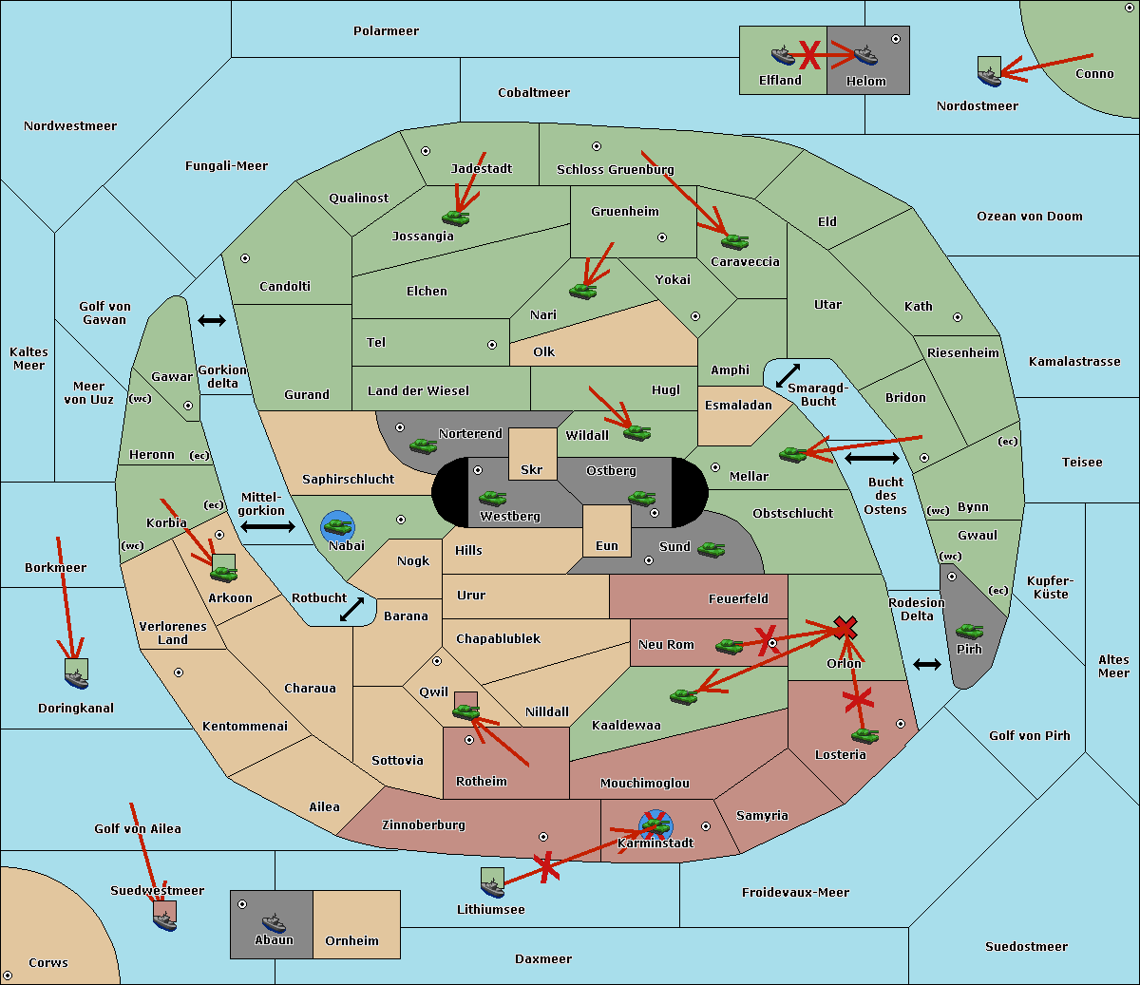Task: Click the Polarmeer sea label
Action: coord(386,31)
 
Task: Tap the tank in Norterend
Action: coord(423,445)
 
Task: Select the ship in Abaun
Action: coord(274,922)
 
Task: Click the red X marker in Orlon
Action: coord(845,628)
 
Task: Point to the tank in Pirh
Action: coord(969,631)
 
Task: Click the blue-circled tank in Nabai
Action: coord(337,526)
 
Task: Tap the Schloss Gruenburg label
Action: coord(615,169)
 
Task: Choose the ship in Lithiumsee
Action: coord(492,883)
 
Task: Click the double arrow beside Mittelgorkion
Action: coord(268,526)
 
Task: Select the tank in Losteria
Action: coord(864,735)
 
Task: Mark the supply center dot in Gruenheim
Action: coord(662,237)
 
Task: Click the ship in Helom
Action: coord(865,54)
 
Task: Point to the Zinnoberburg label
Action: coord(424,825)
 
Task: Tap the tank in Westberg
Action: coord(492,498)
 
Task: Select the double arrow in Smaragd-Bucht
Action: coord(788,375)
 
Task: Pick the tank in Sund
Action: coord(711,549)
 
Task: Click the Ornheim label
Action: coord(351,941)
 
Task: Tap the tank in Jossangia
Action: coord(456,218)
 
